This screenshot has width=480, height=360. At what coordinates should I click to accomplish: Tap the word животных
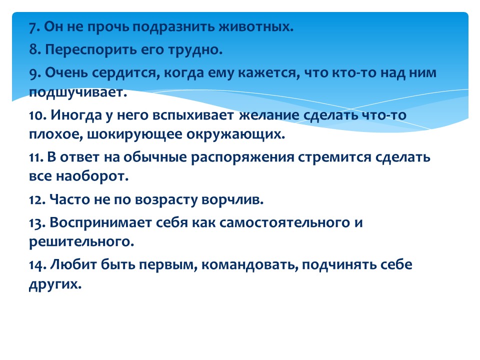[256, 27]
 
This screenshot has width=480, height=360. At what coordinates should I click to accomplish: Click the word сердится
[126, 73]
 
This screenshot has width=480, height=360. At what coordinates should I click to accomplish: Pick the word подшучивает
[78, 92]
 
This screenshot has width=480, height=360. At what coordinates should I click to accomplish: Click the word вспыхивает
[193, 115]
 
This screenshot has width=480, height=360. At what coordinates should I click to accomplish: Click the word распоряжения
[242, 158]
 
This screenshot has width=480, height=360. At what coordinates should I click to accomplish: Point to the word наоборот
[92, 176]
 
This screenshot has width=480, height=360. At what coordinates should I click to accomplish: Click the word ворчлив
[232, 200]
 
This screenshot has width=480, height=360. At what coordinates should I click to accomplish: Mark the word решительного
[81, 242]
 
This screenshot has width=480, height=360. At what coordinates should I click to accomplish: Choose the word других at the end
[55, 284]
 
